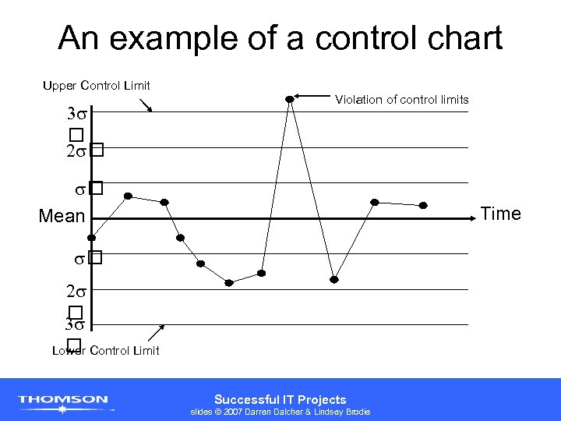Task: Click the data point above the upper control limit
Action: click(x=290, y=99)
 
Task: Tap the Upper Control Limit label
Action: click(x=97, y=85)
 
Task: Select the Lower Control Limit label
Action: click(x=106, y=351)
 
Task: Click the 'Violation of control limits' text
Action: click(x=401, y=99)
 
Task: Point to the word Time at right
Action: click(x=501, y=214)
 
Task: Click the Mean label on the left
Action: click(x=62, y=216)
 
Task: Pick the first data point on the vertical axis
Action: click(x=91, y=237)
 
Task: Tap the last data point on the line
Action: click(x=423, y=206)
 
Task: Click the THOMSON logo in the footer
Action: click(x=64, y=401)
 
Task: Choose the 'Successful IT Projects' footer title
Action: click(x=280, y=399)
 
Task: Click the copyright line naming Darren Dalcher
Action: click(x=280, y=412)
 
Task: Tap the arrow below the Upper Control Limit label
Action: click(x=146, y=105)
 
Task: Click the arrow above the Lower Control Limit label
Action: click(x=160, y=330)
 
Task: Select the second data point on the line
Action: click(x=128, y=196)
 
